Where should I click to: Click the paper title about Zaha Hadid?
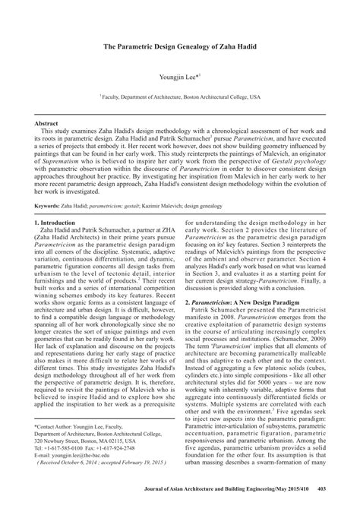click(180, 46)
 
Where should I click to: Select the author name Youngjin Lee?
click(180, 77)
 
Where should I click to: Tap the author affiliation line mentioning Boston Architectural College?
click(180, 96)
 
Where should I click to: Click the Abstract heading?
click(47, 122)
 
